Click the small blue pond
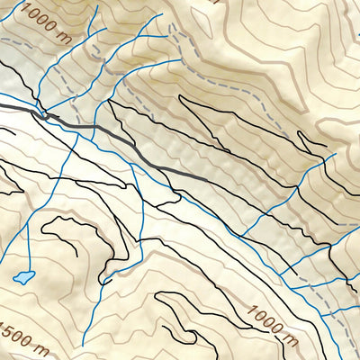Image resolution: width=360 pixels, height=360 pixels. (23, 276)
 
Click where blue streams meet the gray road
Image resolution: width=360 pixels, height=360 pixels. (43, 113)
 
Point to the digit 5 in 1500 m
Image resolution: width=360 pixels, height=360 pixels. (9, 326)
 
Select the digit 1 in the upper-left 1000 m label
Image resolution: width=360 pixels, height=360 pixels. (30, 12)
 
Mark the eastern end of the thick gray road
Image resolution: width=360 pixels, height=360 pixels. (207, 180)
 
